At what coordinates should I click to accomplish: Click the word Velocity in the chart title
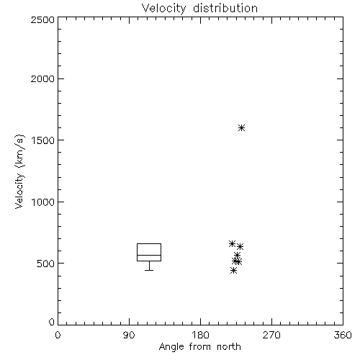click(x=163, y=9)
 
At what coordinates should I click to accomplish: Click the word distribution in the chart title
click(x=225, y=8)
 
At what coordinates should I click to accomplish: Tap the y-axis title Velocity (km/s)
click(x=19, y=171)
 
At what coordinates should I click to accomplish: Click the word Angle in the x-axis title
click(x=171, y=347)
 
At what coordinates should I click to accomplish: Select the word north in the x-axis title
click(x=229, y=346)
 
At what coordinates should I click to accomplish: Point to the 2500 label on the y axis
click(x=42, y=19)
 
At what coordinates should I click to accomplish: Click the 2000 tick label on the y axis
click(x=42, y=78)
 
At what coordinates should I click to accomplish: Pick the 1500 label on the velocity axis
click(x=43, y=140)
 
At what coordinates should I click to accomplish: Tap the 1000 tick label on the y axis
click(x=43, y=202)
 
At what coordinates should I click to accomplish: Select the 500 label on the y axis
click(x=46, y=264)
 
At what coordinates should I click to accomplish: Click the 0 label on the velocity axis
click(x=52, y=322)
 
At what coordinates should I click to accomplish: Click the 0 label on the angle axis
click(x=58, y=335)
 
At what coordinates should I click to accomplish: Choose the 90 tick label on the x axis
click(x=129, y=335)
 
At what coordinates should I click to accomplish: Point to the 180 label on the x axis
click(x=200, y=335)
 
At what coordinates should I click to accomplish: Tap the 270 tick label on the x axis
click(x=271, y=335)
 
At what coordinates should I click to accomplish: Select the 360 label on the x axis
click(x=343, y=335)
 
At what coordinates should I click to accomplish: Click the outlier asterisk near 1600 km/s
click(x=241, y=127)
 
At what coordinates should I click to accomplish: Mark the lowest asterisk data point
click(x=233, y=271)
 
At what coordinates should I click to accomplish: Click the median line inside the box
click(x=149, y=255)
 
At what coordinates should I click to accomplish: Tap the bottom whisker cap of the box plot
click(x=149, y=270)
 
